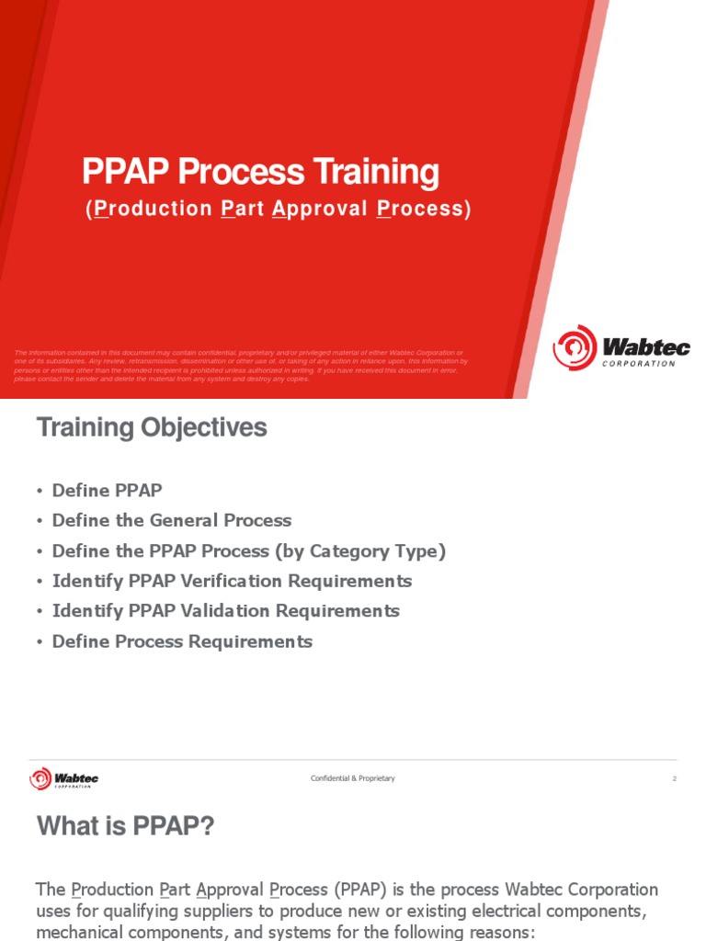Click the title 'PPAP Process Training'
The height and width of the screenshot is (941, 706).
[260, 173]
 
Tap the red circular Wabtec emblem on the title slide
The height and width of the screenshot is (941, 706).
[575, 347]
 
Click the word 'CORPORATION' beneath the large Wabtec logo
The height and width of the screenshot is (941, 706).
[639, 364]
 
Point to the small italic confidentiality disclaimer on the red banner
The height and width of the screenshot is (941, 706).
[241, 366]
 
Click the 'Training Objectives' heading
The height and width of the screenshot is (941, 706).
[152, 427]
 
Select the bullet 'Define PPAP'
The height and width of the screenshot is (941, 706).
[107, 491]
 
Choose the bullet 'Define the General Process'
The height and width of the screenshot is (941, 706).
[171, 520]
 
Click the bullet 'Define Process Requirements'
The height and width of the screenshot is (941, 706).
[182, 641]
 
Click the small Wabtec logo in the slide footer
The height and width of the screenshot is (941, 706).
[63, 779]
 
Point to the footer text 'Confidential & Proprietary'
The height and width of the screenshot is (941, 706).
[352, 778]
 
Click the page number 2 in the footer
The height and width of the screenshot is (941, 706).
[674, 779]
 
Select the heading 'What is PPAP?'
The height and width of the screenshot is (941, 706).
[125, 827]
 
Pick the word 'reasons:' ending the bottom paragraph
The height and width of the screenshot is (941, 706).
[501, 931]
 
